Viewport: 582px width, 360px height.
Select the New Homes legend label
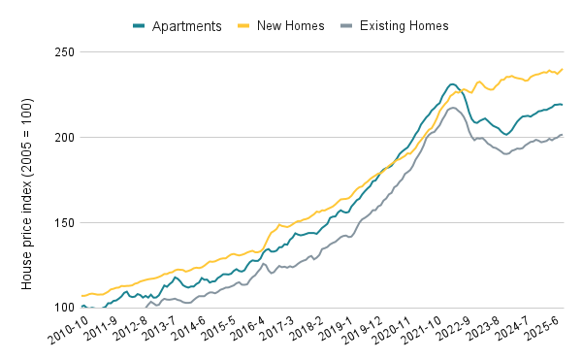click(x=282, y=24)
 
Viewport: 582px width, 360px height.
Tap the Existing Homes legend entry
click(x=399, y=24)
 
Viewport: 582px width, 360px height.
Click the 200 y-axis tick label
click(x=64, y=138)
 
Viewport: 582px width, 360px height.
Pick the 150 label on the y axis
click(x=64, y=223)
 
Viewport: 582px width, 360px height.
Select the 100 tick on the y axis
click(x=64, y=309)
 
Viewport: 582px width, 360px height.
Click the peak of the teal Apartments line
click(x=453, y=84)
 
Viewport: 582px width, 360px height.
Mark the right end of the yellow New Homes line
click(x=563, y=69)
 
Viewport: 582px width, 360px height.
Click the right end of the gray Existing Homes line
click(x=563, y=135)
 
